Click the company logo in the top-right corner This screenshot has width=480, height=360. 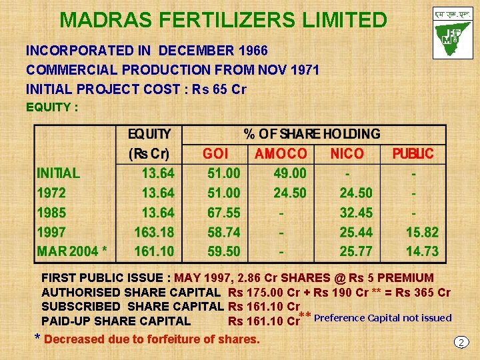point(453,33)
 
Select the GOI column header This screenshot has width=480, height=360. point(215,154)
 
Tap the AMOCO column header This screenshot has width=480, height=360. point(281,154)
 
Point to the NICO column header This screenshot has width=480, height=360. point(347,154)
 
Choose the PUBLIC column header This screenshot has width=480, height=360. point(413,154)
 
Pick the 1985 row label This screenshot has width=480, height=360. point(51,213)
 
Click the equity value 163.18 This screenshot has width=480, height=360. point(154,233)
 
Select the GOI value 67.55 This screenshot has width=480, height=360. point(223,213)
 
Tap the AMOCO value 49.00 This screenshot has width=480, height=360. point(290,173)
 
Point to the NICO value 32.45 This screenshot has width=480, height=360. point(356,213)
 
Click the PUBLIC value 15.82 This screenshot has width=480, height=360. point(422,233)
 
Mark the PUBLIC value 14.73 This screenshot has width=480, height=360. point(422,252)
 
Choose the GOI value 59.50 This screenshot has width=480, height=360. point(223,252)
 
